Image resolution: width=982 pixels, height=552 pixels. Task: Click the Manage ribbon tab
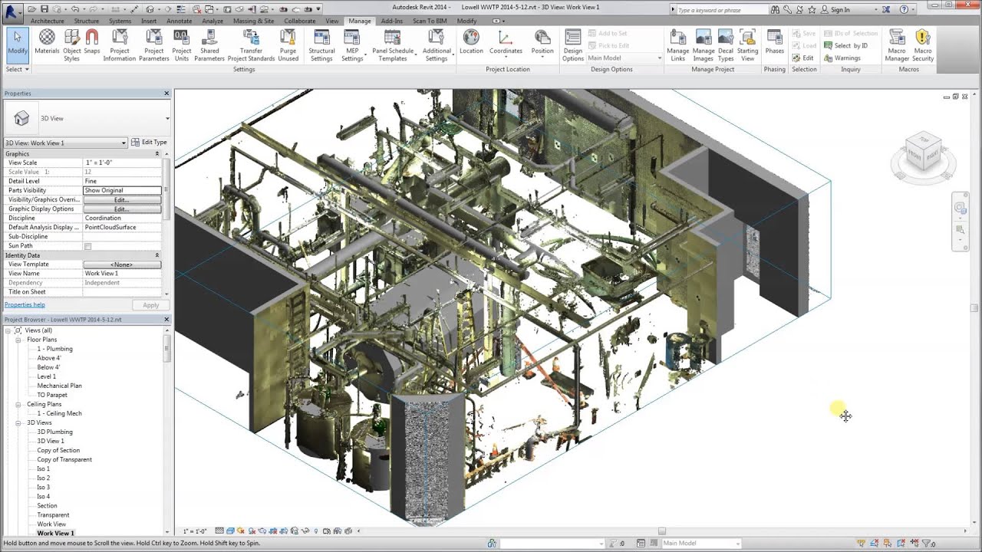coord(359,21)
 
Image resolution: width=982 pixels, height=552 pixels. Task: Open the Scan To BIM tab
coord(430,21)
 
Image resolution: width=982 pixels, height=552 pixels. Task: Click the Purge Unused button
coord(288,45)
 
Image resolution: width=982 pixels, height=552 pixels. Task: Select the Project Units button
coord(181,45)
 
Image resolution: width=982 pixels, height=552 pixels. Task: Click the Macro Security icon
coord(923,45)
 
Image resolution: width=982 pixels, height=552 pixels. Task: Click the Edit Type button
coord(149,143)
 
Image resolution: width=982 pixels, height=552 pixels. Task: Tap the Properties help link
coord(25,305)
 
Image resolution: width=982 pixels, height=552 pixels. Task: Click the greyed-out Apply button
coord(150,305)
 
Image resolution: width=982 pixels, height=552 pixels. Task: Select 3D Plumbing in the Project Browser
coord(54,432)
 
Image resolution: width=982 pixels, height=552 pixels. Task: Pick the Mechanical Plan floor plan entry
coord(59,386)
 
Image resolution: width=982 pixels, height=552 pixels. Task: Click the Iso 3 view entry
coord(44,487)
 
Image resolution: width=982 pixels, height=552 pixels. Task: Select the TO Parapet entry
coord(52,395)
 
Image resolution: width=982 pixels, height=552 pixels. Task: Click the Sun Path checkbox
coord(87,246)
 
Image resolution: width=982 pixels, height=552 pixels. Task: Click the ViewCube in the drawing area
coord(923,152)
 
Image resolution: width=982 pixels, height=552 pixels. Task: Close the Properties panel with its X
coord(166,94)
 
